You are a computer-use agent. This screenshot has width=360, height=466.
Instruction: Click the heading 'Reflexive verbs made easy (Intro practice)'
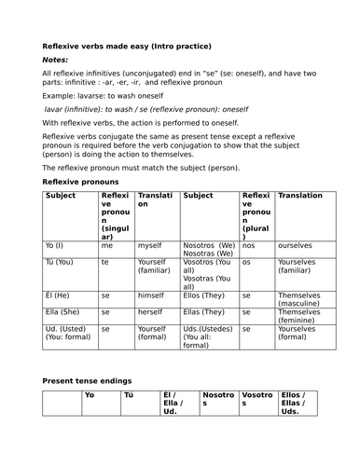tap(127, 46)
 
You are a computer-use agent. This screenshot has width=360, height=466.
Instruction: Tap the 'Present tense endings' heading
tap(91, 380)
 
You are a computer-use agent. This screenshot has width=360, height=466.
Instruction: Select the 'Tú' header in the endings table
tap(129, 395)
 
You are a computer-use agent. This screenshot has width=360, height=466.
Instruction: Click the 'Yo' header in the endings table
tap(90, 395)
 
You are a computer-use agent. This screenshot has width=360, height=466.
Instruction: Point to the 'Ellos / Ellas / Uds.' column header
tap(298, 403)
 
